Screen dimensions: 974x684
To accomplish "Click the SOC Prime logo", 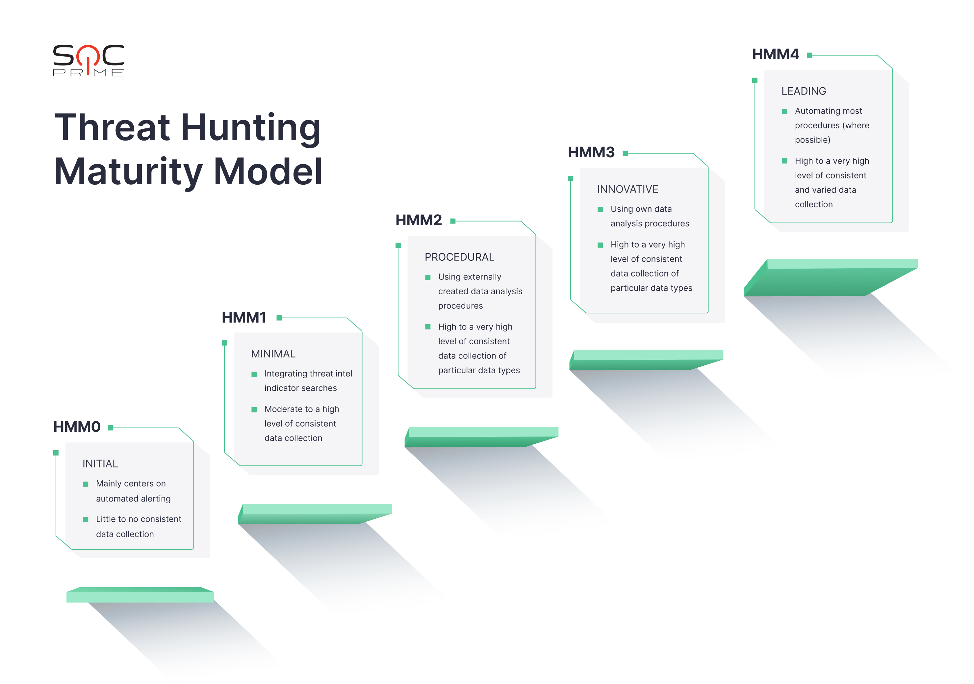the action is pos(89,60).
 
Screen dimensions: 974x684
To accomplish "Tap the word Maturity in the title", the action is pos(129,172).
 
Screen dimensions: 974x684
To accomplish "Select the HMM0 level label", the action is pos(77,427).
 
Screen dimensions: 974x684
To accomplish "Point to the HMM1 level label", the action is pos(244,317).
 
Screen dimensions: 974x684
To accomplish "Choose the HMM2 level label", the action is pos(419,220).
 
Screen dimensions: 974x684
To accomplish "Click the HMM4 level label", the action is pos(776,54).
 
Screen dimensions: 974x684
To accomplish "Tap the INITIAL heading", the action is pos(100,464).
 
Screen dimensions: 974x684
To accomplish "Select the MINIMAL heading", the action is pos(273,354).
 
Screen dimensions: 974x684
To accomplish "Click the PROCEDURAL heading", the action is pos(459,257).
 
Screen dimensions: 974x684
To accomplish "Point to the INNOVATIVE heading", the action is pos(628,189).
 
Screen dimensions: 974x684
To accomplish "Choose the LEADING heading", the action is pos(804,91).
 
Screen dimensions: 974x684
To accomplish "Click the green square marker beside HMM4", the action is pos(809,55).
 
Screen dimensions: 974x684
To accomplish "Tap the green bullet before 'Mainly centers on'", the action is pos(86,484).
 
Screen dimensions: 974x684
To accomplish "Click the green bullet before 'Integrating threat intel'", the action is pos(254,374).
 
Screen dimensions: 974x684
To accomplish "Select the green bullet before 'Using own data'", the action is pos(600,210).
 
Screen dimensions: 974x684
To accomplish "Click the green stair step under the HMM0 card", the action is pos(140,595).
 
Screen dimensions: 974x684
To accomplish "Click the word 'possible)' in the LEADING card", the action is pos(812,140).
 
